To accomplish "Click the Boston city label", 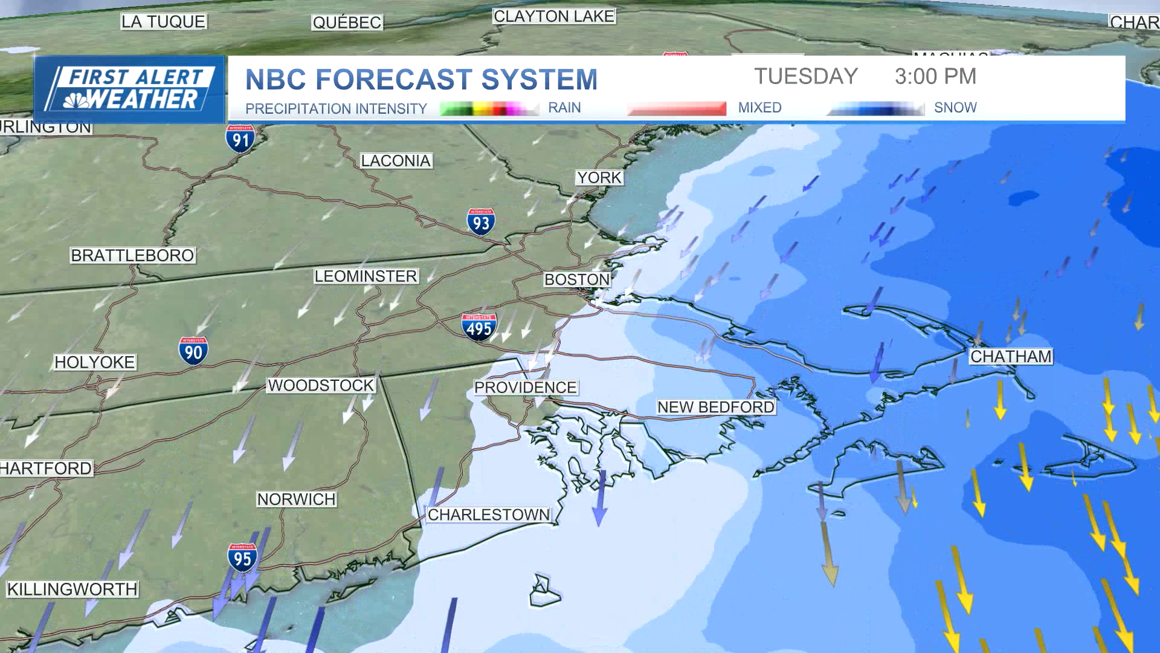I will coord(577,279).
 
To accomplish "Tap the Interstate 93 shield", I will coord(481,223).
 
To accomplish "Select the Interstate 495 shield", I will coord(479,328).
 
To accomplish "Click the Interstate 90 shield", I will coord(193,351).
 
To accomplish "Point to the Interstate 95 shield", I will coord(242,557).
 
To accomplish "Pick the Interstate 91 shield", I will coord(240,139).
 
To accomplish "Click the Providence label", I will coord(525,388).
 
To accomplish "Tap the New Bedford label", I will coord(716,407).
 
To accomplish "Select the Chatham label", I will coord(1011,357).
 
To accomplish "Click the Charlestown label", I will coord(489,515).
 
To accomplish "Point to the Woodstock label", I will coord(321,385).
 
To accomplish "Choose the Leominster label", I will coord(366,276).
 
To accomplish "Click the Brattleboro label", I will coord(132,255).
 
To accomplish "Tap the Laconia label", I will coord(396,161).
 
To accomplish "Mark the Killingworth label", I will coord(72,589).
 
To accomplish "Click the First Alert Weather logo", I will coord(129,89).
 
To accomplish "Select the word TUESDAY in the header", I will coord(806,76).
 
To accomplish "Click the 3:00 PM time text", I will coord(935,76).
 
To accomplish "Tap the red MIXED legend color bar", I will coord(677,109).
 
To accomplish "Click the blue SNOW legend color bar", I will coord(876,109).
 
